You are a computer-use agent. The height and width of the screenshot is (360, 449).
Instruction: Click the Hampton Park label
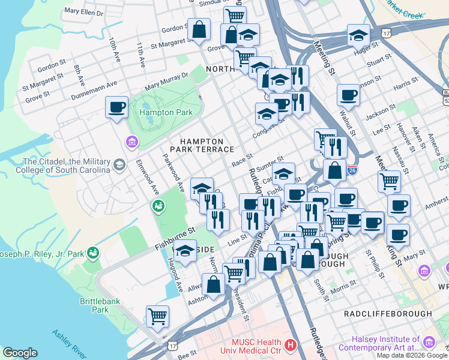pyautogui.click(x=166, y=112)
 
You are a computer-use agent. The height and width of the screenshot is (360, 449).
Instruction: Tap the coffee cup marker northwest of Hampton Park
pyautogui.click(x=116, y=108)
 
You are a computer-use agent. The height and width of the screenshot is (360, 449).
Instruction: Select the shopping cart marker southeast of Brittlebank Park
pyautogui.click(x=157, y=316)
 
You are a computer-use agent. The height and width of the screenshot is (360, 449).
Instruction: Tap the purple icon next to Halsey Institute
pyautogui.click(x=429, y=342)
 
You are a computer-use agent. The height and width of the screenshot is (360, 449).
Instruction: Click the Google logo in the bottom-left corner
pyautogui.click(x=19, y=353)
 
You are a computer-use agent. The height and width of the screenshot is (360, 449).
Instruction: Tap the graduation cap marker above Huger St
pyautogui.click(x=358, y=35)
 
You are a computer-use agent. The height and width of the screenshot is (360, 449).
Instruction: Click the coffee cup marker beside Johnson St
pyautogui.click(x=348, y=95)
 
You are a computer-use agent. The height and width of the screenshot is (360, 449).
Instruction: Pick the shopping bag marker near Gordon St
pyautogui.click(x=198, y=28)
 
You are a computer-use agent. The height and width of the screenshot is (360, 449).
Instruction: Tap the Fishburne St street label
pyautogui.click(x=175, y=238)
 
